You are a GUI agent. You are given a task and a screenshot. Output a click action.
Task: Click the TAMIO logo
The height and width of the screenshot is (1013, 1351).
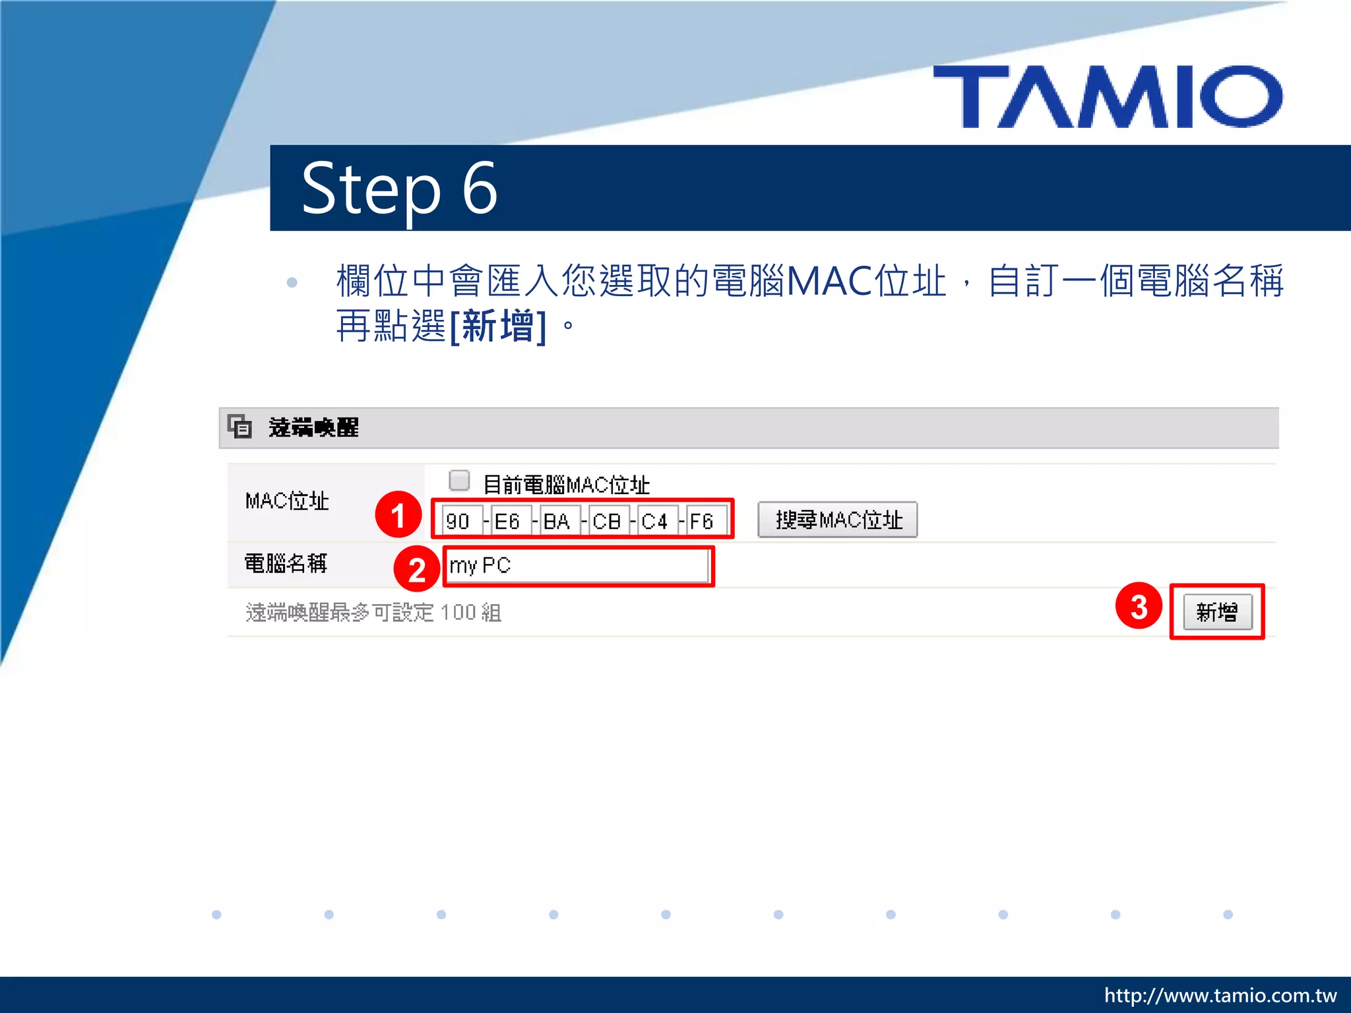(x=1108, y=96)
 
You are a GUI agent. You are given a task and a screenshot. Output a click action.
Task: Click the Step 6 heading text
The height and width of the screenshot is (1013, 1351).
(x=399, y=189)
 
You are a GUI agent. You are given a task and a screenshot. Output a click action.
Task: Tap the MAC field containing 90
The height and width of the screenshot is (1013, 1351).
(x=461, y=521)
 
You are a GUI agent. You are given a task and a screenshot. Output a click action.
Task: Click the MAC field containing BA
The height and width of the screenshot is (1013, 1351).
(x=559, y=521)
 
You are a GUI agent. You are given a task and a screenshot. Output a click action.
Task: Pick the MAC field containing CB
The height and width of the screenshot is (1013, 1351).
(x=609, y=521)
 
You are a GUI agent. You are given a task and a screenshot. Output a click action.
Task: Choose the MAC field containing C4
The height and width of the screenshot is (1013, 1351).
(x=658, y=521)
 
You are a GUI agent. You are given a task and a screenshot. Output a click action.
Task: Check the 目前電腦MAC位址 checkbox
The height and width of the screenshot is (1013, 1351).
(x=459, y=481)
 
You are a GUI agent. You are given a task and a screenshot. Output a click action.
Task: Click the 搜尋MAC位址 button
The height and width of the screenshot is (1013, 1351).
(x=837, y=520)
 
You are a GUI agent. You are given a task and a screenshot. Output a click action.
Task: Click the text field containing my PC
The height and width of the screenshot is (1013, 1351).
(x=577, y=566)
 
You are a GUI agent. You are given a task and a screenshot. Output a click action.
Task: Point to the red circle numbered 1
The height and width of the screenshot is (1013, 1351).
(x=398, y=514)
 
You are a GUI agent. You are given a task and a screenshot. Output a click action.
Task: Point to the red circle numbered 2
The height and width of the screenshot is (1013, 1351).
(x=417, y=569)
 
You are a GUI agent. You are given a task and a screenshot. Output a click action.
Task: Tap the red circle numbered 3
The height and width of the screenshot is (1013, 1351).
(x=1139, y=605)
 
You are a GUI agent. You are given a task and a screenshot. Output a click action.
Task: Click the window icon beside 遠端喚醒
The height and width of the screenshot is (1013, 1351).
(x=239, y=427)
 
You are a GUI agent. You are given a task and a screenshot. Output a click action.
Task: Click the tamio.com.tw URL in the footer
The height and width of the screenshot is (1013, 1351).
(x=1220, y=995)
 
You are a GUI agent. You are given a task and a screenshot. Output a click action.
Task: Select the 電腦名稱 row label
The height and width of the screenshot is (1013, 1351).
(x=286, y=564)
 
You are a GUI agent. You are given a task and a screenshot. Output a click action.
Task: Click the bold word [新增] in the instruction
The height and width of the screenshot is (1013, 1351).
(x=498, y=326)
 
